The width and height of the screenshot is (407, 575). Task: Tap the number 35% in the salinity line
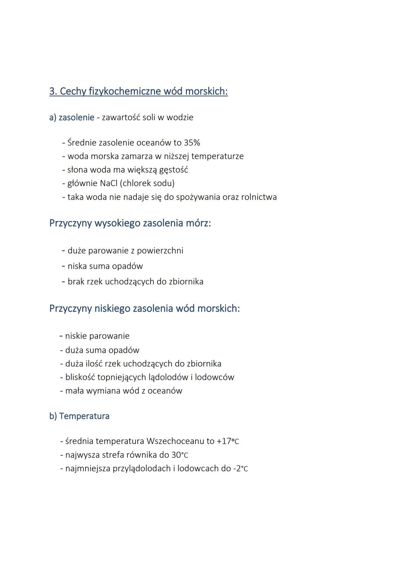pos(192,143)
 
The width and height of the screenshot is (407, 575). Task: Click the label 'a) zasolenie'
pos(72,117)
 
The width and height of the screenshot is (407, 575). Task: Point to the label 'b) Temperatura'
pos(79,416)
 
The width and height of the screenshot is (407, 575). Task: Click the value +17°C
pos(228,441)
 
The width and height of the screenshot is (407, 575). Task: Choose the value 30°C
pos(180,455)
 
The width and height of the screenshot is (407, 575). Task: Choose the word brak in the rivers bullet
pos(76,282)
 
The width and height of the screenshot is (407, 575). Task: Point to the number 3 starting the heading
pos(52,92)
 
